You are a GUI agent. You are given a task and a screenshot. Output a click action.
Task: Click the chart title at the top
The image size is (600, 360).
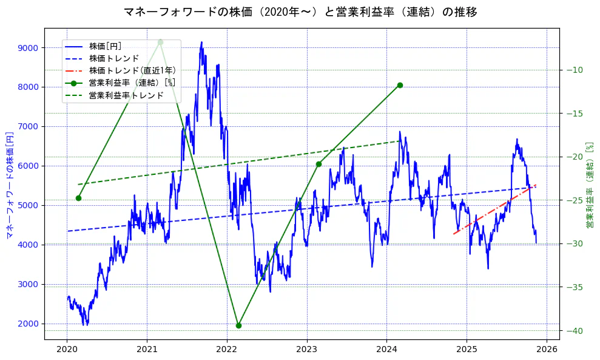(300, 12)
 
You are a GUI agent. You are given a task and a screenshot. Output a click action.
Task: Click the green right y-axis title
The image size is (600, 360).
(589, 185)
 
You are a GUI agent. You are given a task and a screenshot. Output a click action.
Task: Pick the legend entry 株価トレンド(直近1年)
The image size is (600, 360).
(132, 70)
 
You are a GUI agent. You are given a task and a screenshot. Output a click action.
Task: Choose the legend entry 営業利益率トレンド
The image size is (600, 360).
(126, 95)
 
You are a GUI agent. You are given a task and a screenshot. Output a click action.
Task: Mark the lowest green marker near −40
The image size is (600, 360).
(238, 325)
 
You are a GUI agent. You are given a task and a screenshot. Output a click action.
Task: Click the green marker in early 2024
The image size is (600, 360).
(400, 85)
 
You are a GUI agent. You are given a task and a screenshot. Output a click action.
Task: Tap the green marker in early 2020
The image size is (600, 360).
(78, 198)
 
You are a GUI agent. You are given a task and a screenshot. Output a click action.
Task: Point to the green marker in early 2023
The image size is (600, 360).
(319, 164)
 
